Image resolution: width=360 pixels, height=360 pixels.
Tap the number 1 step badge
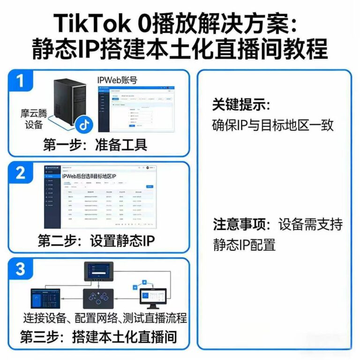coord(20,80)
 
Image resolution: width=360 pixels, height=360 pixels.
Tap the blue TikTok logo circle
coord(84,124)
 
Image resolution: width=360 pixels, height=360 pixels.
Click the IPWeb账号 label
coord(117,80)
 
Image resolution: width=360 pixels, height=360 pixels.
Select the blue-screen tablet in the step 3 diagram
coord(45,298)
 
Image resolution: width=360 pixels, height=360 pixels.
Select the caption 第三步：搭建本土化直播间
coord(98,337)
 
